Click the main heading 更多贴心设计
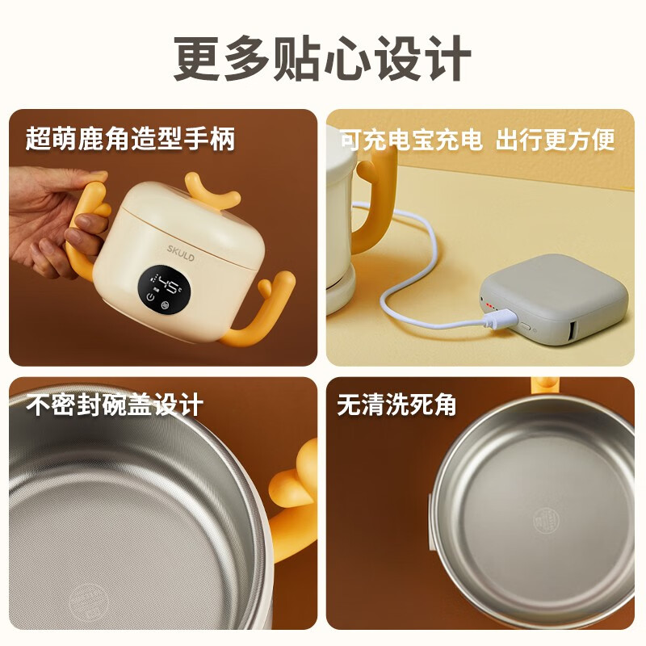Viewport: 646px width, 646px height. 322,58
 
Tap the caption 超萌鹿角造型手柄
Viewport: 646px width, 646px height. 131,139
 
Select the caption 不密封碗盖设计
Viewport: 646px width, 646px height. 115,405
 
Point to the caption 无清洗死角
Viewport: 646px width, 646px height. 396,405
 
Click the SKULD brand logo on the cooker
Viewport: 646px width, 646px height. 180,253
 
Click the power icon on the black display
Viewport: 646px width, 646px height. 151,296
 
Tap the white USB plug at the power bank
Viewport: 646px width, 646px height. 501,319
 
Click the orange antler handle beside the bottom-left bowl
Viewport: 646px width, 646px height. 294,501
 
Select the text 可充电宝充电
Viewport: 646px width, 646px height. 411,139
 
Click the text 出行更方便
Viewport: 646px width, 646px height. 555,139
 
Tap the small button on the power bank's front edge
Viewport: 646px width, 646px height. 526,325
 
